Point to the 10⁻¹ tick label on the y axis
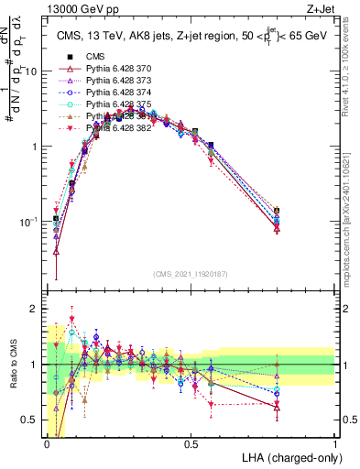click(29, 221)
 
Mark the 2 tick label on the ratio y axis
click(35, 309)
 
